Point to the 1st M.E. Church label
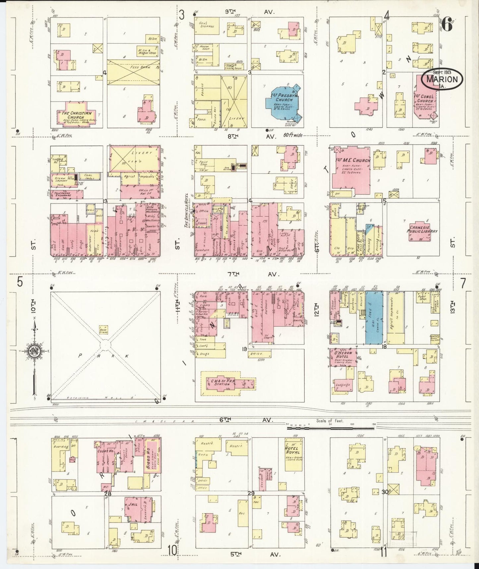pyautogui.click(x=355, y=161)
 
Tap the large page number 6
pyautogui.click(x=447, y=25)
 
